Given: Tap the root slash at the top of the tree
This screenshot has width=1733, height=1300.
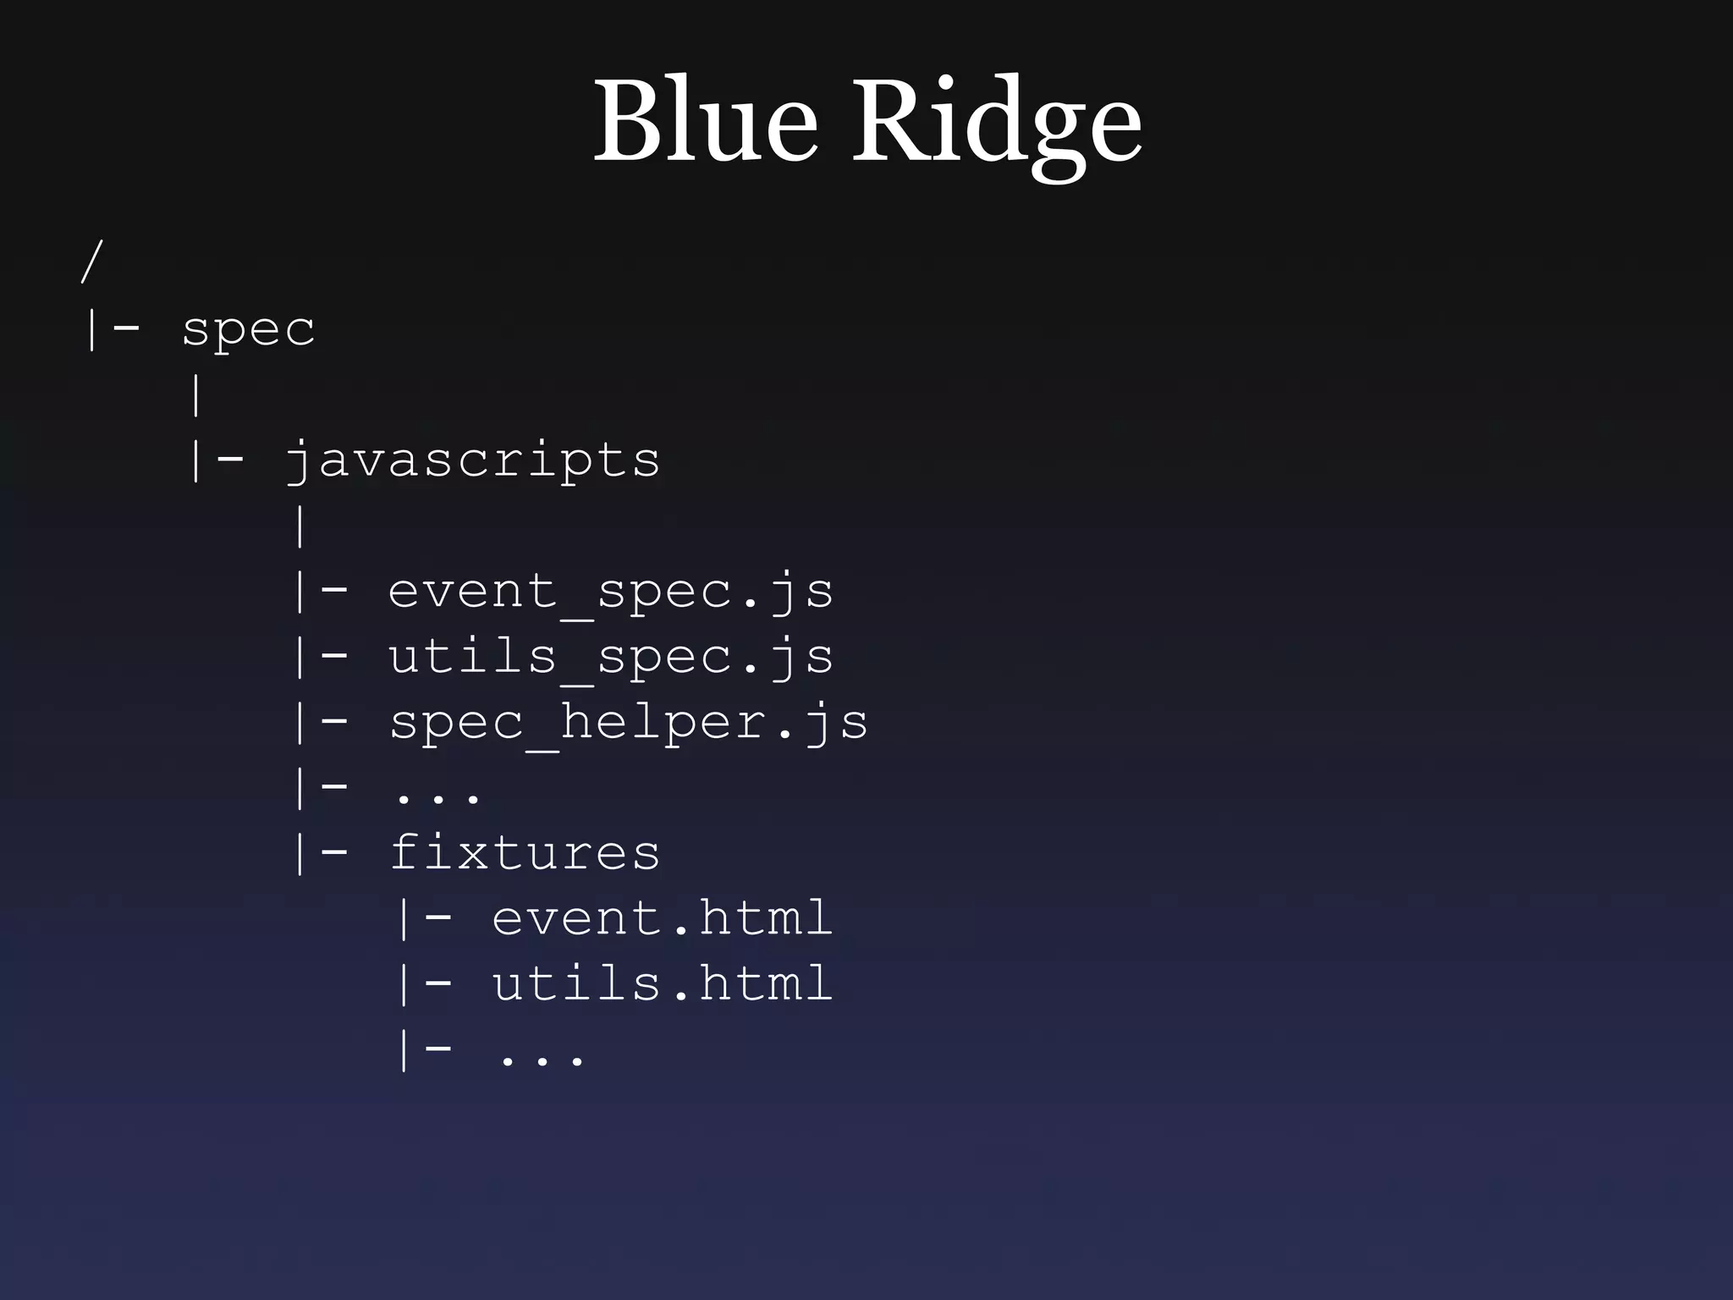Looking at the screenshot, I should click(91, 261).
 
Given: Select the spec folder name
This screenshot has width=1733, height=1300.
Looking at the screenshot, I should click(248, 330).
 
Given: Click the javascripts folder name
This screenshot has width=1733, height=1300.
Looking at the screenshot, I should click(472, 461).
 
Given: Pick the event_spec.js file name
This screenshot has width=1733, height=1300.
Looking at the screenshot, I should click(610, 592).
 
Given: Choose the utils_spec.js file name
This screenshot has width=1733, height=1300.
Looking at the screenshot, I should click(610, 658).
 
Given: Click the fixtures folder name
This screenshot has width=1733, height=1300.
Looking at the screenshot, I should click(525, 853).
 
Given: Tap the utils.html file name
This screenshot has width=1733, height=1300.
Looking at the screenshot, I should click(662, 984).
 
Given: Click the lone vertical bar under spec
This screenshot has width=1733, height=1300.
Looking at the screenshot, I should click(196, 395).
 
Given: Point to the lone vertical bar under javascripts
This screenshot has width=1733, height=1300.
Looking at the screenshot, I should click(300, 526).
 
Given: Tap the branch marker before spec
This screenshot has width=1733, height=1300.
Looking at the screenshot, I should click(112, 329).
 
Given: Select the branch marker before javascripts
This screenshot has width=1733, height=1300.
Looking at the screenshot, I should click(216, 461).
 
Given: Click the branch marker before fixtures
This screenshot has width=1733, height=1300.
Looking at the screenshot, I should click(320, 853).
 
